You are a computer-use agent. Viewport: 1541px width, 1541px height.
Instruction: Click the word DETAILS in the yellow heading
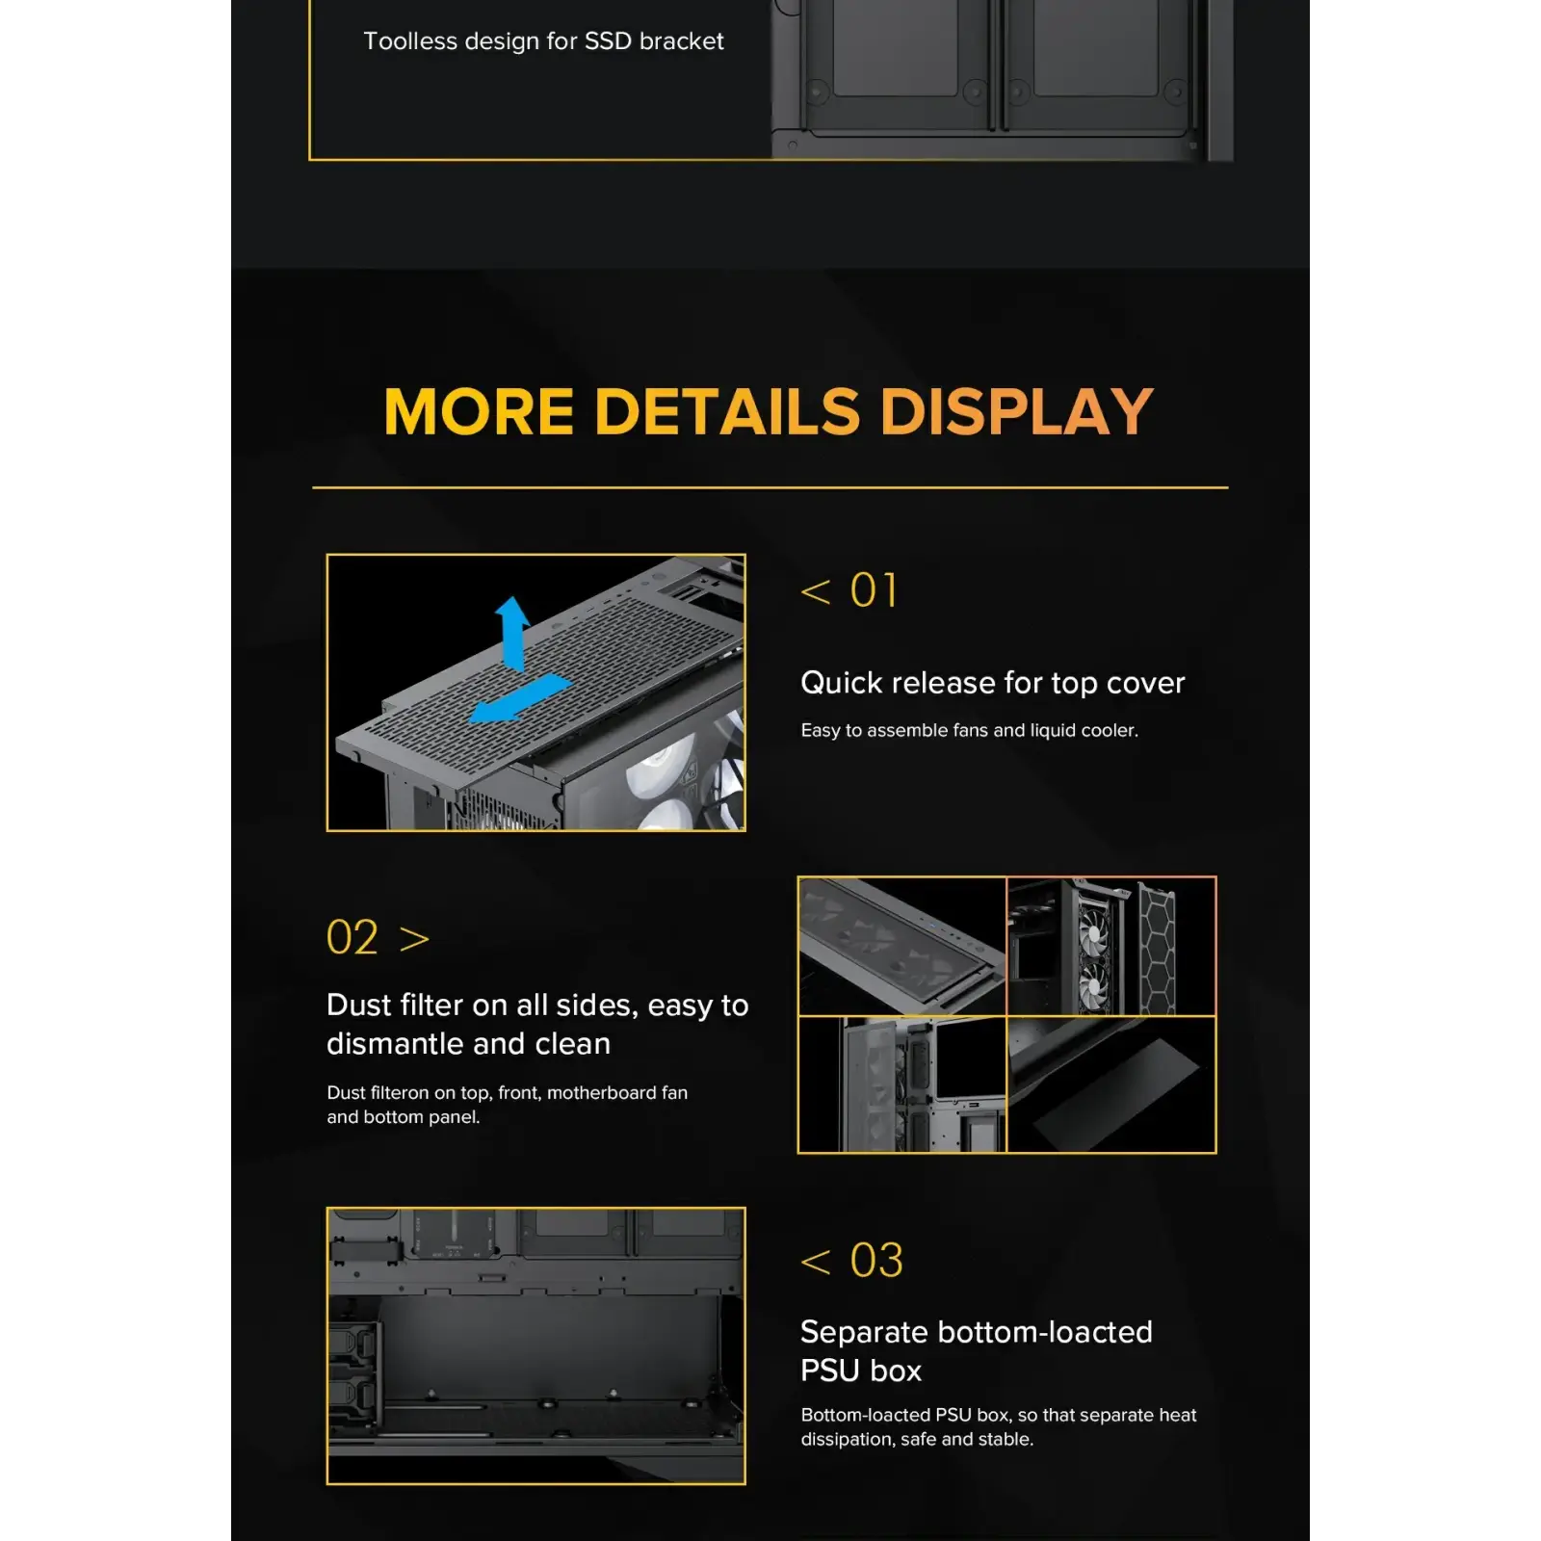tap(727, 412)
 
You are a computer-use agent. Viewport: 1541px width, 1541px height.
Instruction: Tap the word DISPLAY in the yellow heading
tap(1016, 412)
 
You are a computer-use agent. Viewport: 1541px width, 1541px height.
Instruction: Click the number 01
tap(874, 590)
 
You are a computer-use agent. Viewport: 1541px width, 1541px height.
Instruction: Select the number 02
tap(353, 938)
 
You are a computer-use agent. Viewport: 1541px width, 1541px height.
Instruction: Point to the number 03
tap(876, 1261)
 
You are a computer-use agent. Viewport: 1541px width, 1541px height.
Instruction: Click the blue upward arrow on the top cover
tap(512, 631)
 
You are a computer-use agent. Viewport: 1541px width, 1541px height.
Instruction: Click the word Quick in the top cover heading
tap(842, 683)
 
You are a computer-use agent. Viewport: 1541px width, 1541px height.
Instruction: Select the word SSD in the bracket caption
tap(608, 41)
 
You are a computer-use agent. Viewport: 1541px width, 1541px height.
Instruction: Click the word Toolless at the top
tap(410, 41)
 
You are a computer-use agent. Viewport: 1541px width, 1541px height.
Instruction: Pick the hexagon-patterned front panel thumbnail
tap(1111, 946)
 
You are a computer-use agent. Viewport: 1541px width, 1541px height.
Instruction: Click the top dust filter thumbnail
tap(902, 946)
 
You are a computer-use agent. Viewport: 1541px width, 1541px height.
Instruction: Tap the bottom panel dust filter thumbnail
tap(1111, 1084)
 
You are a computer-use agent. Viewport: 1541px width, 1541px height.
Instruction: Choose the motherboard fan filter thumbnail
tap(902, 1084)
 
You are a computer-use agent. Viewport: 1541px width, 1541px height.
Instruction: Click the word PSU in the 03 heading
tap(830, 1371)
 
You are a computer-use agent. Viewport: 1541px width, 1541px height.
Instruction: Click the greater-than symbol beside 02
tap(414, 939)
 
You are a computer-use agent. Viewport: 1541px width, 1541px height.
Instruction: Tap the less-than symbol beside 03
tap(816, 1262)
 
